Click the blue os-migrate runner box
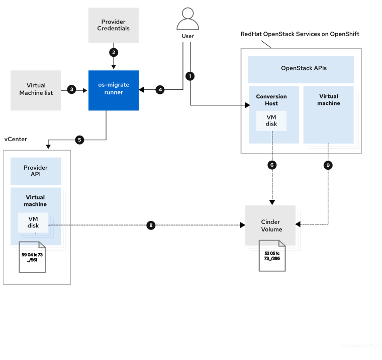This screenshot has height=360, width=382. [x=114, y=90]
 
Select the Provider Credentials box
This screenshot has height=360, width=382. [x=113, y=25]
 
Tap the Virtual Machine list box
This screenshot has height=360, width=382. [x=36, y=90]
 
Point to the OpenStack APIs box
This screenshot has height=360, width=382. [x=301, y=68]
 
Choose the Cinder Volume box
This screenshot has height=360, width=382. [x=270, y=225]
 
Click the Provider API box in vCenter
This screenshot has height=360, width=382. [x=36, y=171]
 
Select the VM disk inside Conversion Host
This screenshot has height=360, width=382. [x=271, y=121]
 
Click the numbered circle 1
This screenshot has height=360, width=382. [x=189, y=76]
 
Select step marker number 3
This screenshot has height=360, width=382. [x=71, y=89]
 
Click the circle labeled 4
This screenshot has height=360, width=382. [x=160, y=89]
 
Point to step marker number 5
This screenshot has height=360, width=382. [x=79, y=140]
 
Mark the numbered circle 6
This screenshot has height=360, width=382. [x=272, y=165]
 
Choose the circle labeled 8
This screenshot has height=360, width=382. [x=150, y=225]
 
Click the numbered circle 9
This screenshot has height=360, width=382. [x=328, y=165]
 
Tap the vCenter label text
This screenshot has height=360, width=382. [x=16, y=139]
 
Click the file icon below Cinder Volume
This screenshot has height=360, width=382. [x=272, y=256]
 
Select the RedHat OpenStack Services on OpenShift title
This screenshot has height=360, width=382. [x=300, y=34]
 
